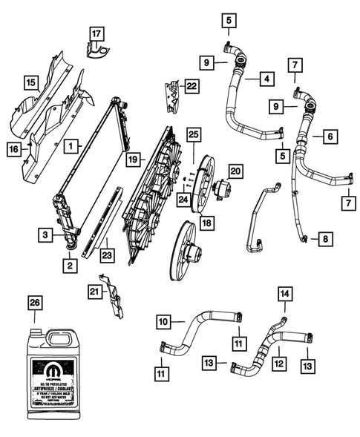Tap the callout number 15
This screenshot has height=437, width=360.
30,82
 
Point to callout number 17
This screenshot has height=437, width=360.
96,33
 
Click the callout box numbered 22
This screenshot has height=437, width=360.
192,87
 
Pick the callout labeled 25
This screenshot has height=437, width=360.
194,134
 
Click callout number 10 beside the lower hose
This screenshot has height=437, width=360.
163,322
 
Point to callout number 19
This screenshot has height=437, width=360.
132,158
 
